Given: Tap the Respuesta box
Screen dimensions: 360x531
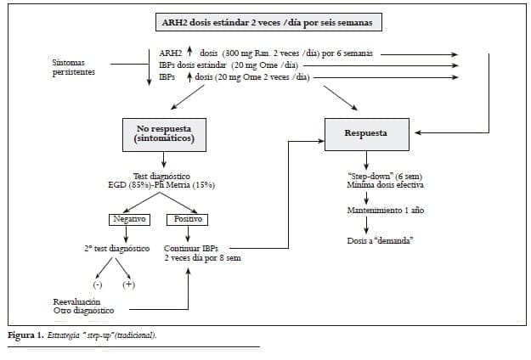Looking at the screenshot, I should click(366, 133).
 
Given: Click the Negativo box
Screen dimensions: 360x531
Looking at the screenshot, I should click(130, 219).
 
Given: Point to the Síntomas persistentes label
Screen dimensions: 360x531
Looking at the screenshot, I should click(74, 68).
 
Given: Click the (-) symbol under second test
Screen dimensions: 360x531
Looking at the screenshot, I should click(98, 284).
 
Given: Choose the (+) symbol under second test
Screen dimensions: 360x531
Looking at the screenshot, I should click(130, 284).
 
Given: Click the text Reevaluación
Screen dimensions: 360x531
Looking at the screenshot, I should click(76, 301).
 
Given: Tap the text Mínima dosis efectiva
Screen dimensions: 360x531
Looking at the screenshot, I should click(367, 184).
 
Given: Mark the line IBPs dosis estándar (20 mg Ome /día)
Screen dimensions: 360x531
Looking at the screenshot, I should click(229, 65).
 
